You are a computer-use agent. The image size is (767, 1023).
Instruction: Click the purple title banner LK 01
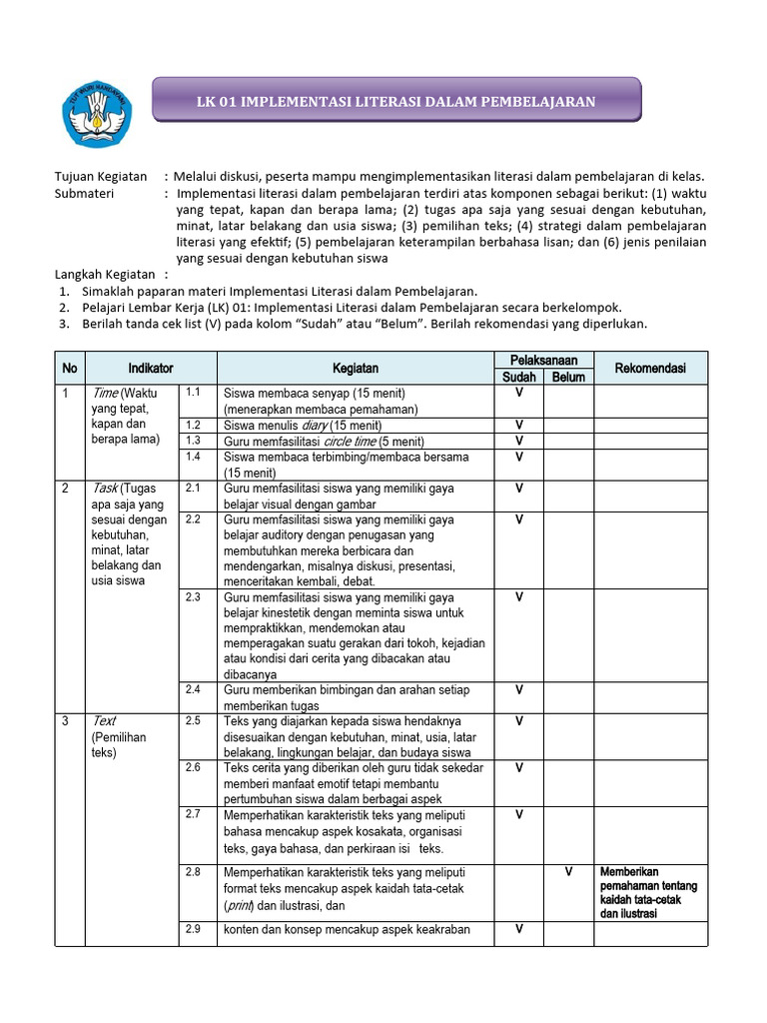(395, 102)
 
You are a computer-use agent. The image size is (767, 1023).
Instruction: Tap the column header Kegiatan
(356, 369)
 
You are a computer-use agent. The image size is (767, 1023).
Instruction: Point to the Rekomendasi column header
(650, 369)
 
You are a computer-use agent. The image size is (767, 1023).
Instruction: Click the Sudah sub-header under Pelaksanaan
(519, 377)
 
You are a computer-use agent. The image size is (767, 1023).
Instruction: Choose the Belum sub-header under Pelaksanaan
(568, 377)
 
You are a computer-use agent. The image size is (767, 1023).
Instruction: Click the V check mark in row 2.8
(568, 871)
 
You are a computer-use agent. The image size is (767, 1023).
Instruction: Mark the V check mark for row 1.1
(519, 393)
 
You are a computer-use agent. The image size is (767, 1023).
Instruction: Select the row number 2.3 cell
(194, 597)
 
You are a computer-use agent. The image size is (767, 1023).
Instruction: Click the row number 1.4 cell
(194, 457)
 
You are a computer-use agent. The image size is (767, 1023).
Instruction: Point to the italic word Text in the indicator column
(104, 720)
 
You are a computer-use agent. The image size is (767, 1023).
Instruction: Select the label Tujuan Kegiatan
(101, 176)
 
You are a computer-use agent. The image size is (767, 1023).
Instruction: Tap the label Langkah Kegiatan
(105, 274)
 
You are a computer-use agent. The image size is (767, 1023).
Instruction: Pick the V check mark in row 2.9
(519, 929)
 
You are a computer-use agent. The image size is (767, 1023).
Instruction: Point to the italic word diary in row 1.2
(317, 425)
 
